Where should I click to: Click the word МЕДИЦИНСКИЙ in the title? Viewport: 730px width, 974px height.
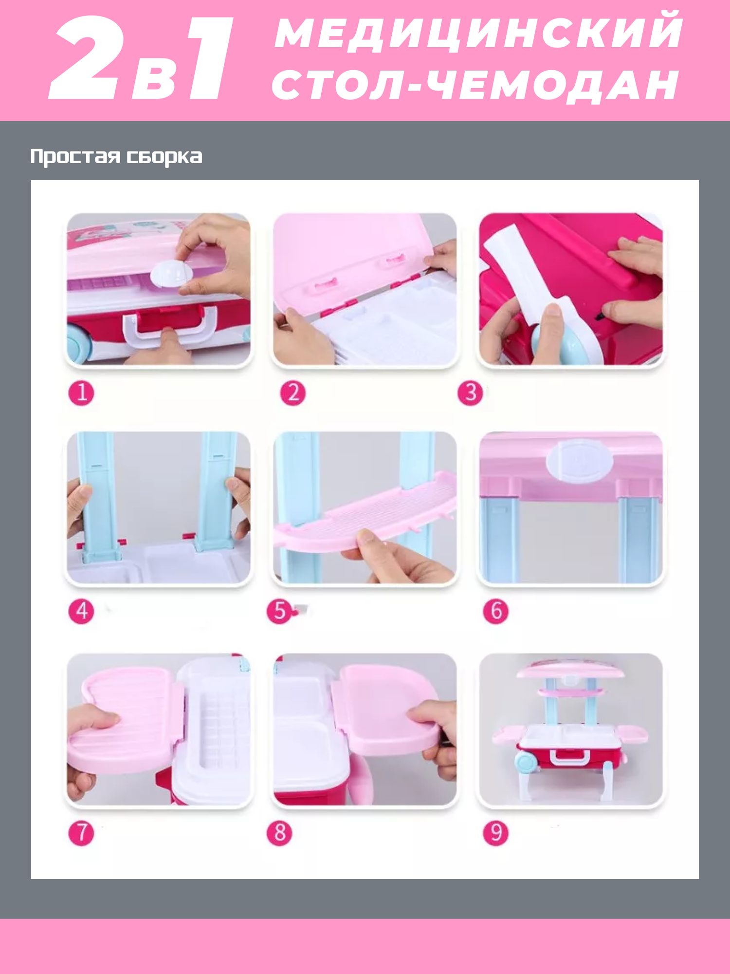(479, 33)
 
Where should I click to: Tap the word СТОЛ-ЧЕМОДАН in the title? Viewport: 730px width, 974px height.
(476, 85)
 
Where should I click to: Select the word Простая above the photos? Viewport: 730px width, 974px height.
(75, 157)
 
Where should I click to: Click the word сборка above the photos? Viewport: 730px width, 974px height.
(164, 157)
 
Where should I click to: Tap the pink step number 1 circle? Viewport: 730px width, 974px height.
(81, 393)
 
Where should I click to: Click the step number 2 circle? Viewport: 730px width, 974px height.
(293, 393)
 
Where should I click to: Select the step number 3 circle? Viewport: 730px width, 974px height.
(470, 393)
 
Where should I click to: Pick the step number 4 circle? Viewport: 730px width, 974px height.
(81, 611)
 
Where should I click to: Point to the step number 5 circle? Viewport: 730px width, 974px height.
(279, 611)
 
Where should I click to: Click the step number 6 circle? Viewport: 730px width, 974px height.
(495, 611)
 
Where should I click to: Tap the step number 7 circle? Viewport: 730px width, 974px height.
(81, 833)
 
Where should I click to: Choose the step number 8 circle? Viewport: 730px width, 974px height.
(279, 833)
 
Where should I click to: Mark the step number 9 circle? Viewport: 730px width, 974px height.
(495, 833)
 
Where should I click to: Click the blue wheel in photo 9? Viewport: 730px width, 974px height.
(525, 761)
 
